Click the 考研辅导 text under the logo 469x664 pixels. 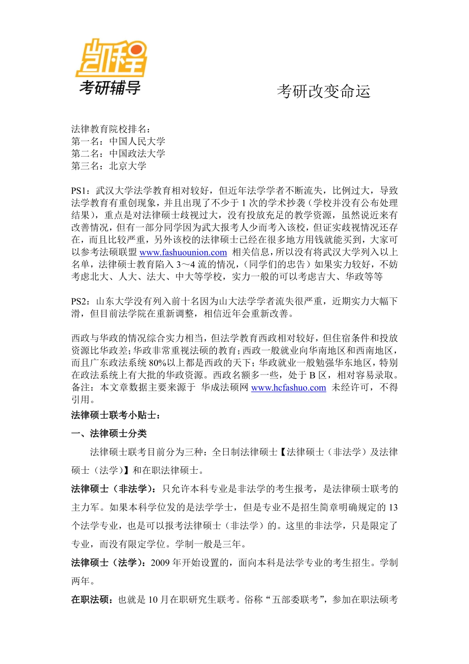point(110,88)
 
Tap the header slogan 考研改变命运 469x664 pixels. point(323,91)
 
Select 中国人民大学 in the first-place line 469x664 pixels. point(137,141)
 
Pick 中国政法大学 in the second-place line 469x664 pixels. point(137,154)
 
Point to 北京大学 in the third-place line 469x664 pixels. point(128,166)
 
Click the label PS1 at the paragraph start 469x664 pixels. point(80,191)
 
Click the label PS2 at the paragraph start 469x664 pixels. point(80,301)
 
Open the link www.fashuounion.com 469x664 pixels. point(183,252)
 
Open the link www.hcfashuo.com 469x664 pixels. point(289,388)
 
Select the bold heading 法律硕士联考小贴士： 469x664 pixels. point(116,415)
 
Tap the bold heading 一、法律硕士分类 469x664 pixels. point(109,434)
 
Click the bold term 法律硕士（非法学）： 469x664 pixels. point(116,489)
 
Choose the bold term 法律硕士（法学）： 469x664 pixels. point(109,563)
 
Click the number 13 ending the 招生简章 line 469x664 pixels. point(393,508)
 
